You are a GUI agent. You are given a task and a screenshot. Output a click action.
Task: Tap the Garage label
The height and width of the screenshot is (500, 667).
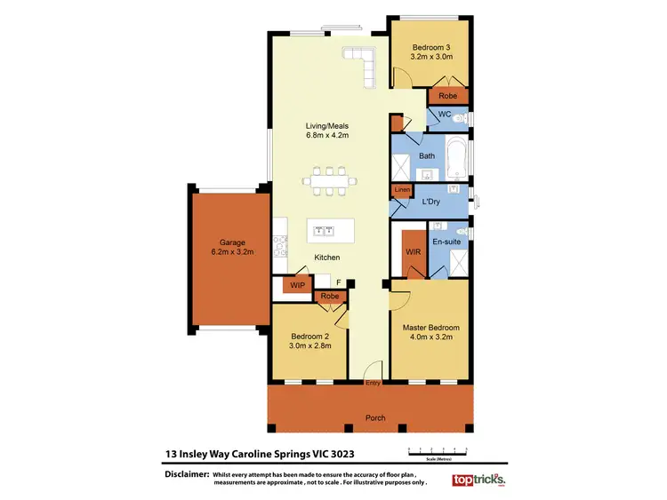pyautogui.click(x=225, y=242)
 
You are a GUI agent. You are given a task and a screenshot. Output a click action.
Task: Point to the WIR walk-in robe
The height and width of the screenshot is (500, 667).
pyautogui.click(x=414, y=251)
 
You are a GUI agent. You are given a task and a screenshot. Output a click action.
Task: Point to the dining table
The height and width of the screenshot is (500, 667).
pyautogui.click(x=330, y=181)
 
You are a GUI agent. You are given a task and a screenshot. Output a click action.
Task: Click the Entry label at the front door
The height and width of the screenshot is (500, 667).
pyautogui.click(x=374, y=383)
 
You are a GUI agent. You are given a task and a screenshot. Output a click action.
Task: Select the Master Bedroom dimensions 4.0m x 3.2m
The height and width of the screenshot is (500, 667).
pyautogui.click(x=429, y=337)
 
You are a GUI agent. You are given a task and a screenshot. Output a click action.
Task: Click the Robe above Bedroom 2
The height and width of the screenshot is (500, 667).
pyautogui.click(x=329, y=297)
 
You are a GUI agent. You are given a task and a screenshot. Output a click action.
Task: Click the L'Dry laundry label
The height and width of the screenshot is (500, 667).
pyautogui.click(x=431, y=202)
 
